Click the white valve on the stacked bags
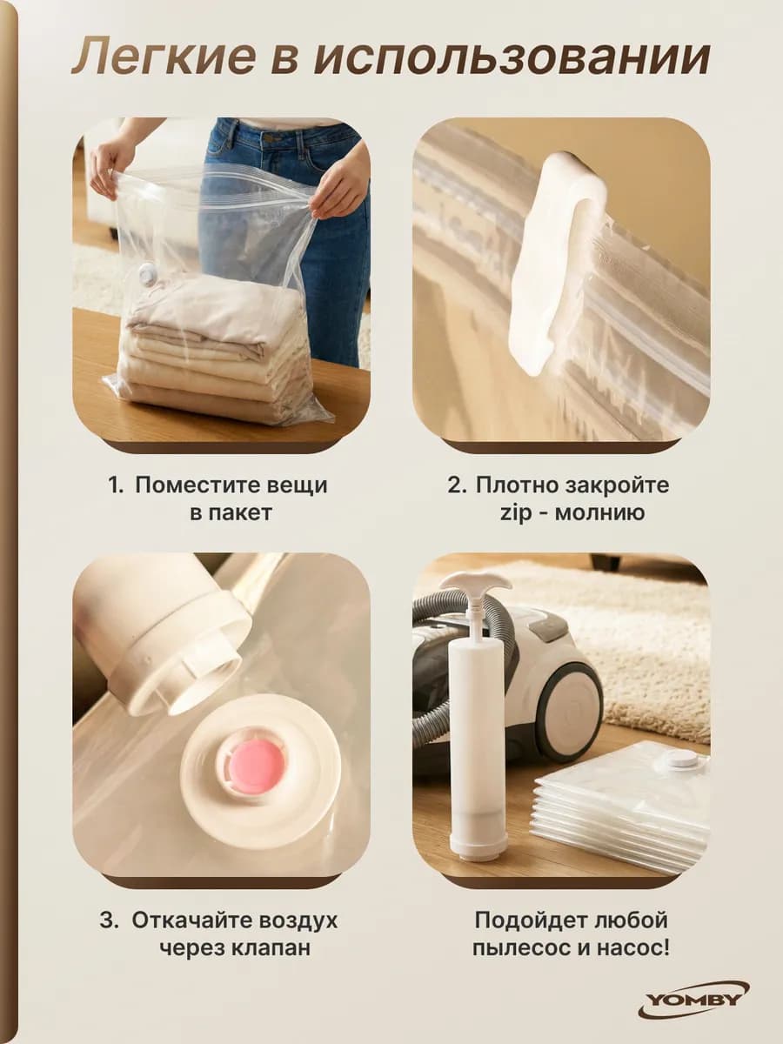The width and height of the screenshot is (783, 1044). pyautogui.click(x=679, y=760)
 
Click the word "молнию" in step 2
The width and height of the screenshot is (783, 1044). pyautogui.click(x=600, y=512)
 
